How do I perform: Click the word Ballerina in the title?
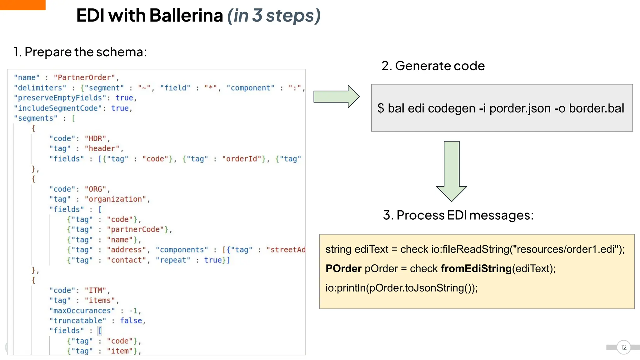(186, 16)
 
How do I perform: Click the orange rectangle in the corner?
(22, 5)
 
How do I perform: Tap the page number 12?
(623, 347)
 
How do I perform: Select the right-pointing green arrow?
(336, 97)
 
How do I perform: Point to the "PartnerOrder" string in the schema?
(84, 77)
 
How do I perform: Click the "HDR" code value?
(95, 138)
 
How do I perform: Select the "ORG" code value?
(95, 189)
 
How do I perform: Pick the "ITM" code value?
(95, 290)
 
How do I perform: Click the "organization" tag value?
(115, 199)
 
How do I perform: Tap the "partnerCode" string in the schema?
(137, 229)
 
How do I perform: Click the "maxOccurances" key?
(82, 311)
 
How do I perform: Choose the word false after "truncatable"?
(131, 321)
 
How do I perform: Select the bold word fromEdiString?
(476, 269)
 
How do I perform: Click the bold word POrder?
(343, 269)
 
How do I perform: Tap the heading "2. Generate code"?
(433, 66)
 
